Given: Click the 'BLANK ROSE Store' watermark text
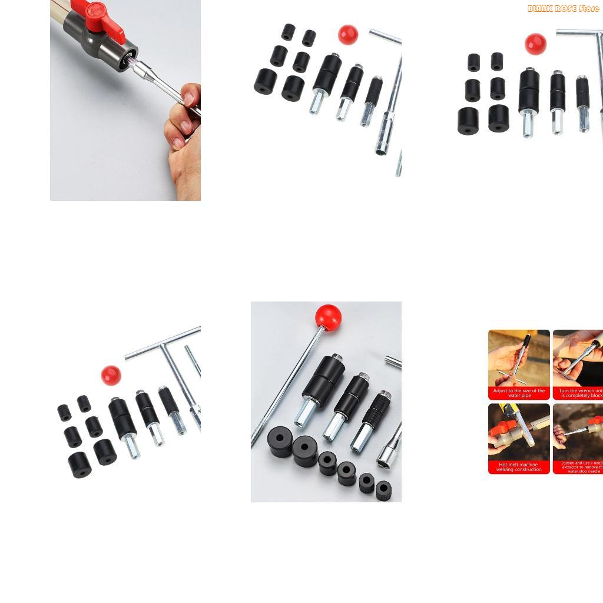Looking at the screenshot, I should (563, 8).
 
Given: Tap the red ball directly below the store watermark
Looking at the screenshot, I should (535, 44).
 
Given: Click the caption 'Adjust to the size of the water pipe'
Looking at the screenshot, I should (519, 393).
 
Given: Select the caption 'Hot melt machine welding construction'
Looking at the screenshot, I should (519, 467).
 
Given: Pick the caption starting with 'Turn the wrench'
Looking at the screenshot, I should (580, 393).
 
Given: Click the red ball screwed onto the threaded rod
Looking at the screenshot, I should (328, 316).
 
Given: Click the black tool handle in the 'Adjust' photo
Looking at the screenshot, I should (526, 342).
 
